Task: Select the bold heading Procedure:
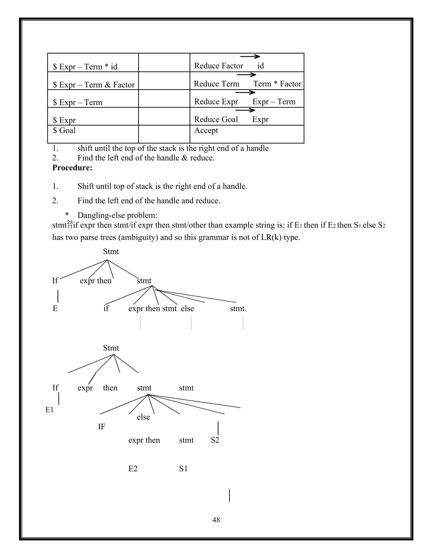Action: point(72,168)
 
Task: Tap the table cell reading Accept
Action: point(206,131)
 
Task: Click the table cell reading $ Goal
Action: point(64,131)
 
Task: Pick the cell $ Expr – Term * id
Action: point(85,67)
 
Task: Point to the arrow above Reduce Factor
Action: point(250,56)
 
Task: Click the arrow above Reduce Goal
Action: point(245,110)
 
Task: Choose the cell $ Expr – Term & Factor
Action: point(94,85)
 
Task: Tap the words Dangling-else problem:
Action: point(117,215)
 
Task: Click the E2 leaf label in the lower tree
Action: point(133,469)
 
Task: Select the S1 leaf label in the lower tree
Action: point(183,469)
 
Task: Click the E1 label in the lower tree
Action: point(49,410)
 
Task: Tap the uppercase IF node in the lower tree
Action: point(101,427)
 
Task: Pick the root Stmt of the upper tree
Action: point(111,251)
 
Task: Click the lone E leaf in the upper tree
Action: point(55,308)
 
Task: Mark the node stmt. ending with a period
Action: point(238,308)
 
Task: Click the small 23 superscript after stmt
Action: point(70,222)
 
